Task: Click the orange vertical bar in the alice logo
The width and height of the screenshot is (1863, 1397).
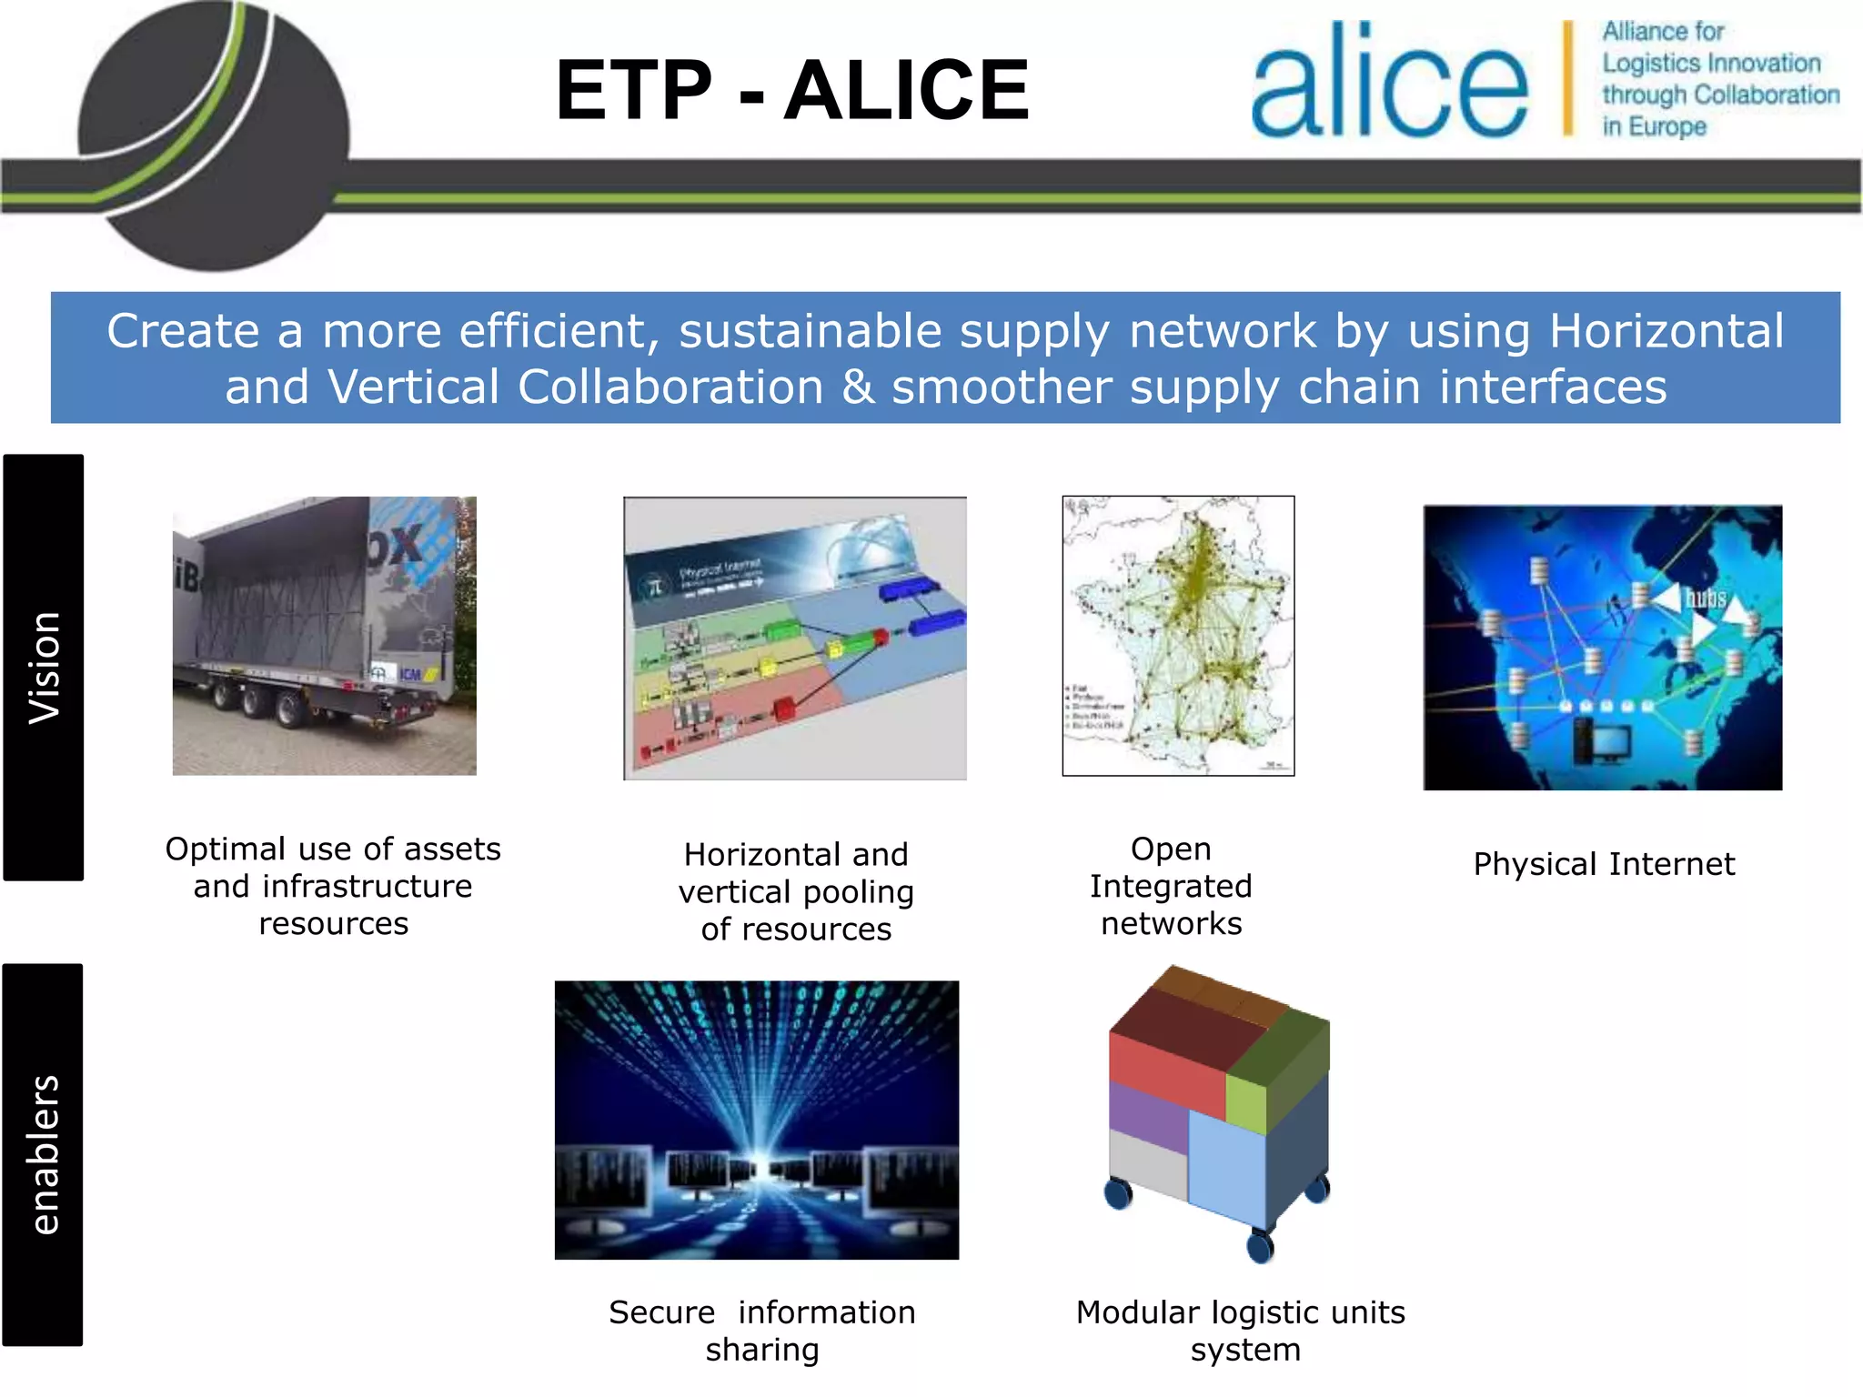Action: point(1567,80)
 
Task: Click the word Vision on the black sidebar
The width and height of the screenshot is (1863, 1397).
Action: point(44,668)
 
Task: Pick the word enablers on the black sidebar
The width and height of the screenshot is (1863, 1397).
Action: point(44,1155)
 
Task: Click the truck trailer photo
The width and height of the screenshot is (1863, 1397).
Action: point(324,636)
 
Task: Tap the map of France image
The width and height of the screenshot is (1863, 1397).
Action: point(1178,636)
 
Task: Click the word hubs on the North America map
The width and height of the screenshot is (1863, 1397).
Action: point(1706,598)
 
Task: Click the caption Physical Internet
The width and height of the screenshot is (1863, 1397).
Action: point(1604,864)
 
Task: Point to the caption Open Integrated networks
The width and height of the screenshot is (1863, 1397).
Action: point(1171,886)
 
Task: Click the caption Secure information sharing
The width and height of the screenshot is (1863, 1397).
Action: point(762,1331)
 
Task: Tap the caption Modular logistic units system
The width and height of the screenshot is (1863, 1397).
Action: point(1242,1331)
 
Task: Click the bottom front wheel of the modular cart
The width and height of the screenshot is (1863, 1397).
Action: point(1260,1246)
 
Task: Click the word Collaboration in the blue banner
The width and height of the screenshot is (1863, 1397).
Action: point(670,387)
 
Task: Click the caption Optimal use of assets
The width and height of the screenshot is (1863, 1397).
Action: point(333,849)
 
